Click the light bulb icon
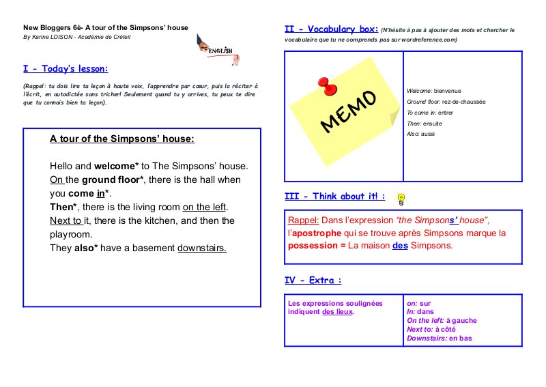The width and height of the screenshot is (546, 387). (402, 199)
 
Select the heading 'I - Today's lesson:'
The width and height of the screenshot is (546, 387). (66, 69)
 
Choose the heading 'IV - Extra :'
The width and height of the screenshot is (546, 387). (313, 281)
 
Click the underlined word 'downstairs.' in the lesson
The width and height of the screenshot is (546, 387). (202, 248)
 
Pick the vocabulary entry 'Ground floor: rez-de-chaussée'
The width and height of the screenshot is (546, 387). (446, 102)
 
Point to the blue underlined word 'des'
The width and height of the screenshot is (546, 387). (400, 245)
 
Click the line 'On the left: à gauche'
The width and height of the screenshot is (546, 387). (442, 320)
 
